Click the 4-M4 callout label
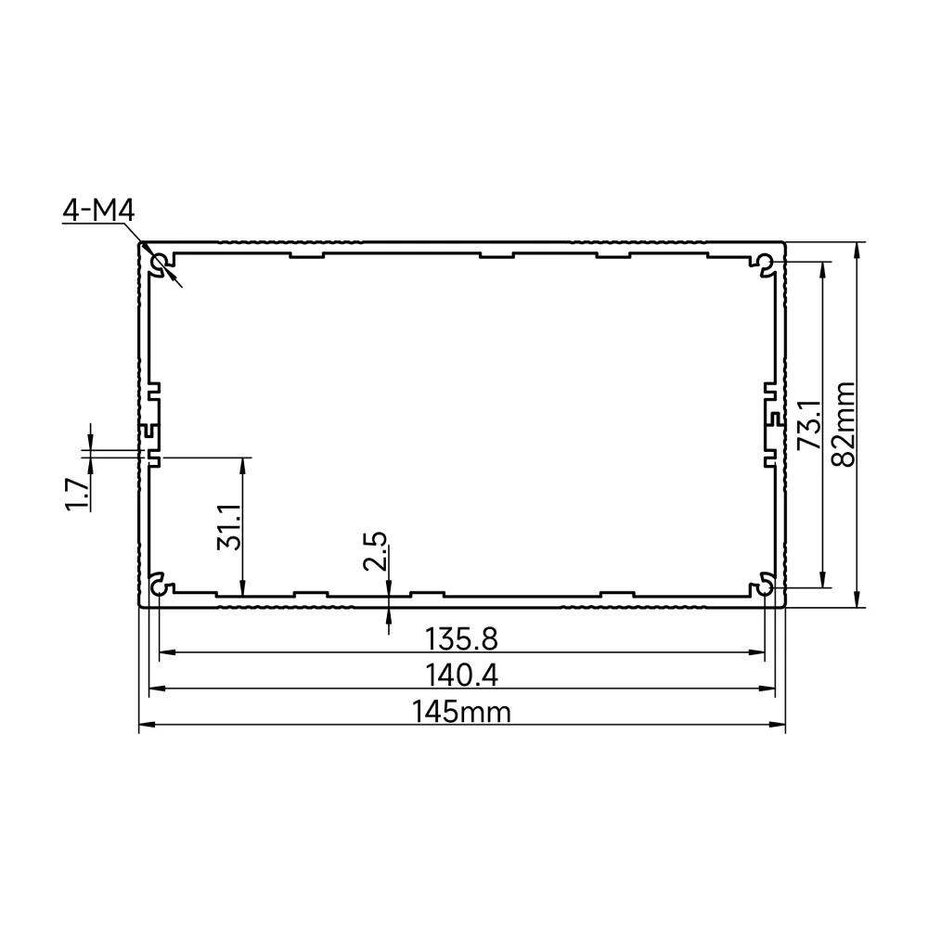click(99, 210)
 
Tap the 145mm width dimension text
click(461, 712)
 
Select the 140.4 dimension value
click(461, 676)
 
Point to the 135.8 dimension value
click(461, 639)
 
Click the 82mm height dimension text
click(844, 424)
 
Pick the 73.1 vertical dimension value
click(809, 424)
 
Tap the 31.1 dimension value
click(229, 527)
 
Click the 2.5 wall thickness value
click(375, 551)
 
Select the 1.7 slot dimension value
click(77, 495)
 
